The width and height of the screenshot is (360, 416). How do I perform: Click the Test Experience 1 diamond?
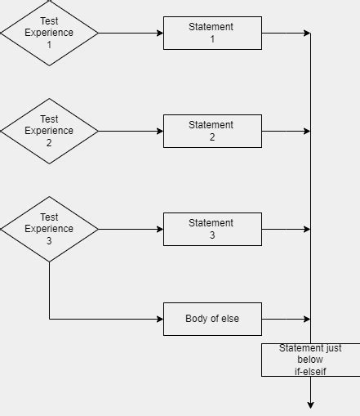pyautogui.click(x=49, y=33)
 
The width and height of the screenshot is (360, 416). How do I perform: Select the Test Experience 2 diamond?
pyautogui.click(x=49, y=131)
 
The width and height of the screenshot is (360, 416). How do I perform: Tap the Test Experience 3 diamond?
pyautogui.click(x=49, y=229)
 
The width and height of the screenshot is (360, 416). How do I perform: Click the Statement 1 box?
pyautogui.click(x=212, y=33)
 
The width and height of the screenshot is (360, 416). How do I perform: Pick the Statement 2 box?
pyautogui.click(x=212, y=131)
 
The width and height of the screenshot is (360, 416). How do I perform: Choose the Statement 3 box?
pyautogui.click(x=212, y=229)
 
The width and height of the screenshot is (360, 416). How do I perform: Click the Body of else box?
pyautogui.click(x=212, y=319)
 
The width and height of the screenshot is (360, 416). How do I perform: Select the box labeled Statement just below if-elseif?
pyautogui.click(x=310, y=360)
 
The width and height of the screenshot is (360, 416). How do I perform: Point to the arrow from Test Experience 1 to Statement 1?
pyautogui.click(x=131, y=33)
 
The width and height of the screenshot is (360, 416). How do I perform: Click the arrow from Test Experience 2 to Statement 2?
pyautogui.click(x=131, y=131)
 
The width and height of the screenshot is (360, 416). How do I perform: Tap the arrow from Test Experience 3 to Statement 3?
pyautogui.click(x=131, y=229)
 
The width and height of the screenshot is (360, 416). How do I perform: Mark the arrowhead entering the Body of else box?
pyautogui.click(x=159, y=319)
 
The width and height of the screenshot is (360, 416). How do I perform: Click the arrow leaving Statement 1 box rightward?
pyautogui.click(x=286, y=33)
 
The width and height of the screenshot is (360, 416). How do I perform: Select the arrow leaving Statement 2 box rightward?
pyautogui.click(x=286, y=131)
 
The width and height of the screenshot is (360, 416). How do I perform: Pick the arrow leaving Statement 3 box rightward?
pyautogui.click(x=286, y=229)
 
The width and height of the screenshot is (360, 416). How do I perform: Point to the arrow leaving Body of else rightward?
pyautogui.click(x=286, y=319)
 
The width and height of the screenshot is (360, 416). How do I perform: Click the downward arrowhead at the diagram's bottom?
pyautogui.click(x=310, y=404)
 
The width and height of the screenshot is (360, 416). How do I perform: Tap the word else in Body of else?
pyautogui.click(x=230, y=319)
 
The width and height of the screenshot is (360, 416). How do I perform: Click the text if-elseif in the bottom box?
pyautogui.click(x=310, y=371)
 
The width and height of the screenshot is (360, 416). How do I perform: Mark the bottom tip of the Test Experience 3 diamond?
pyautogui.click(x=49, y=261)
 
